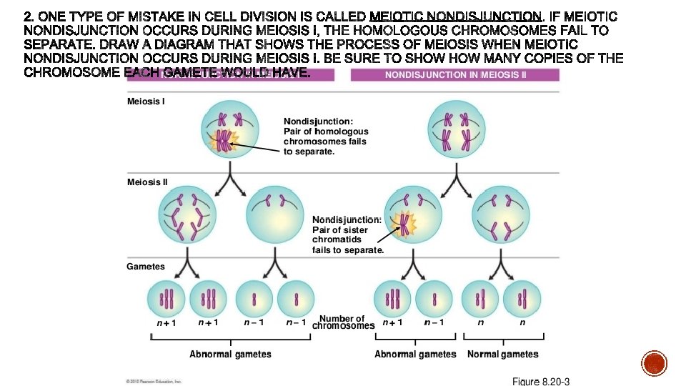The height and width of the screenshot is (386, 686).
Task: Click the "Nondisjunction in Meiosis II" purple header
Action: click(x=455, y=75)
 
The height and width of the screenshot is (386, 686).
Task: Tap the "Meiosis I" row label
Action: click(x=146, y=102)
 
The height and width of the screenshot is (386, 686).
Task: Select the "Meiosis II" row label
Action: click(x=147, y=182)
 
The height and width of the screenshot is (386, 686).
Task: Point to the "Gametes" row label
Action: click(x=146, y=267)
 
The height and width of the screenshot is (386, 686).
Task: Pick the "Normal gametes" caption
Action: click(x=503, y=354)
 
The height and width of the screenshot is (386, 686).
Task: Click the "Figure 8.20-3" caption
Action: click(x=541, y=381)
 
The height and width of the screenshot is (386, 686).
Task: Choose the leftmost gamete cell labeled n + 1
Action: click(x=166, y=297)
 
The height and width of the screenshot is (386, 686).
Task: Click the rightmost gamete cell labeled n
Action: click(x=522, y=297)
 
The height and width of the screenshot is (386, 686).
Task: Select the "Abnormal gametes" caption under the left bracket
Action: click(x=230, y=354)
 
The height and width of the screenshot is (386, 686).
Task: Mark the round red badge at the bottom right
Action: click(x=655, y=364)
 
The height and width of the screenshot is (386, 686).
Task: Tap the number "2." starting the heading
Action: click(x=29, y=16)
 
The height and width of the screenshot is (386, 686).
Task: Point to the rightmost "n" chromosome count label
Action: click(x=522, y=322)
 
